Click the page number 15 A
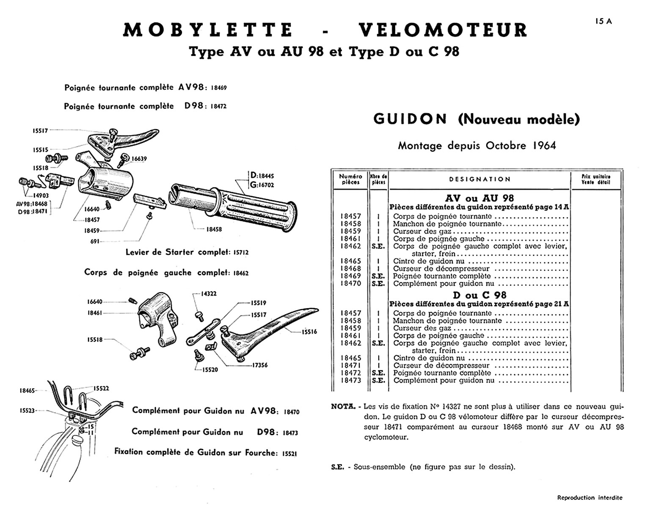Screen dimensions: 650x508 pyautogui.click(x=603, y=21)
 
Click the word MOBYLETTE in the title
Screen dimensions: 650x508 pyautogui.click(x=208, y=30)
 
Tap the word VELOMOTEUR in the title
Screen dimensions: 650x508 pyautogui.click(x=443, y=30)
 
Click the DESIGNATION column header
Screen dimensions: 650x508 pyautogui.click(x=480, y=179)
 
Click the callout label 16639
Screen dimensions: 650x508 pyautogui.click(x=139, y=159)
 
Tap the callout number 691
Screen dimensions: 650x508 pyautogui.click(x=94, y=241)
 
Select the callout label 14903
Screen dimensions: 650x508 pyautogui.click(x=41, y=196)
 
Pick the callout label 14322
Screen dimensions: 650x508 pyautogui.click(x=209, y=293)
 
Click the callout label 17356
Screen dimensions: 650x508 pyautogui.click(x=260, y=365)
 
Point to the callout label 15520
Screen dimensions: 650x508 pyautogui.click(x=210, y=370)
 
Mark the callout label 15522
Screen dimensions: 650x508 pyautogui.click(x=102, y=388)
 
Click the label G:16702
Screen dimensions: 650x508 pyautogui.click(x=262, y=185)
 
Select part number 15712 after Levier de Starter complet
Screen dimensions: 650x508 pyautogui.click(x=241, y=252)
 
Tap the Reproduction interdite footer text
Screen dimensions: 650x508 pyautogui.click(x=589, y=497)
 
